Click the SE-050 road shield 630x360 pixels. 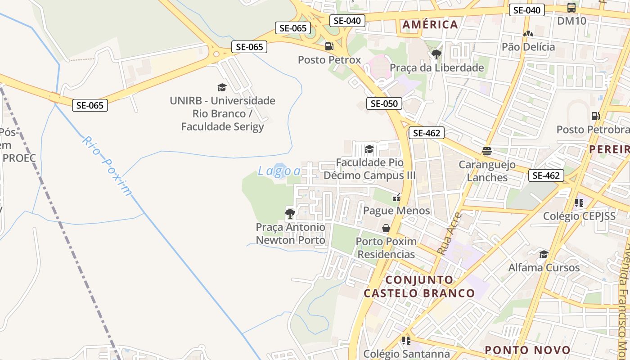pyautogui.click(x=384, y=103)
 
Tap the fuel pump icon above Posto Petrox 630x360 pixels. pyautogui.click(x=329, y=46)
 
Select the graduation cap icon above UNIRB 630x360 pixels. pyautogui.click(x=222, y=87)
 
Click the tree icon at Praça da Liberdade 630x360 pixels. pyautogui.click(x=436, y=54)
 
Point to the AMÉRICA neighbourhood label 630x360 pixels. pyautogui.click(x=430, y=24)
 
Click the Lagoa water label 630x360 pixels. pyautogui.click(x=279, y=171)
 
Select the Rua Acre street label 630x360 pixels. pyautogui.click(x=450, y=234)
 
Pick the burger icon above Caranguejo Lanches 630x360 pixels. pyautogui.click(x=487, y=151)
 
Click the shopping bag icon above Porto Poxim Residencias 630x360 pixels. pyautogui.click(x=386, y=228)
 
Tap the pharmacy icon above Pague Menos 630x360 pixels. pyautogui.click(x=396, y=197)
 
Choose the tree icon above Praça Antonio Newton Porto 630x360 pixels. pyautogui.click(x=290, y=213)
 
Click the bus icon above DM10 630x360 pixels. pyautogui.click(x=571, y=8)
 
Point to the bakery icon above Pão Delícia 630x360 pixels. pyautogui.click(x=528, y=34)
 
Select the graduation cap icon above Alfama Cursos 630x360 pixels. pyautogui.click(x=544, y=254)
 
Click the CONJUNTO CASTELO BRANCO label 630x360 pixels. pyautogui.click(x=419, y=287)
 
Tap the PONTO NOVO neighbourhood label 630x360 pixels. pyautogui.click(x=527, y=350)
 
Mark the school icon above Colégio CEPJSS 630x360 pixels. pyautogui.click(x=579, y=203)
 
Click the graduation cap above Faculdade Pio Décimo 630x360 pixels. pyautogui.click(x=369, y=149)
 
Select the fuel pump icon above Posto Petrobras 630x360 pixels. pyautogui.click(x=596, y=116)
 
